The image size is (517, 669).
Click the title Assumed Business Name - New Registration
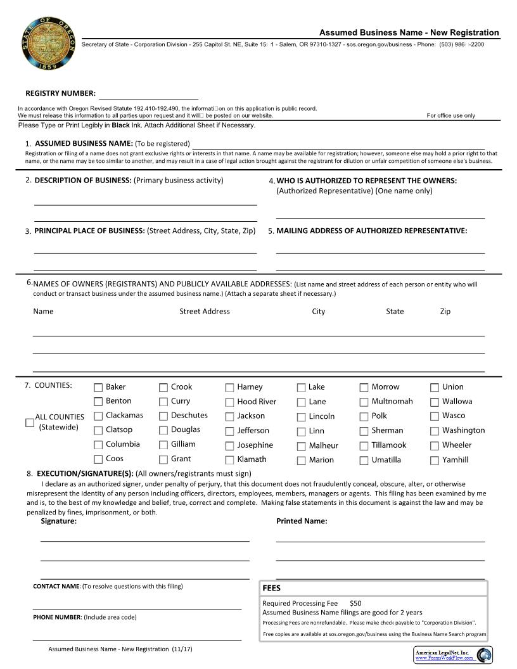(x=409, y=32)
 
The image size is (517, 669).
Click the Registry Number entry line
(x=148, y=94)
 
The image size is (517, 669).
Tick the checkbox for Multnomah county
(x=364, y=402)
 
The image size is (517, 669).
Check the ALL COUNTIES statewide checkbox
(x=30, y=423)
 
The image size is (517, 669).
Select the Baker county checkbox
(x=98, y=387)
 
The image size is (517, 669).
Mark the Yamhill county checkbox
(x=435, y=461)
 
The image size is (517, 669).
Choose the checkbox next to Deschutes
(x=163, y=416)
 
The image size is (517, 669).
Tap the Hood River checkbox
(x=229, y=402)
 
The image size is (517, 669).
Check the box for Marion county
(x=302, y=461)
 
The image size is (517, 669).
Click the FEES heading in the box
(x=271, y=588)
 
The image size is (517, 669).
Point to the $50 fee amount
(x=355, y=603)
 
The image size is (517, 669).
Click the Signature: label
(x=58, y=521)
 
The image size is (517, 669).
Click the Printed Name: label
(x=302, y=521)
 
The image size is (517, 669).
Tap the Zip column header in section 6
(x=445, y=311)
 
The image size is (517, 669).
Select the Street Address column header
(x=204, y=311)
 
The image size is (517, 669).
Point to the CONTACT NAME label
(x=56, y=586)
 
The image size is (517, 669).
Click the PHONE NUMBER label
(x=58, y=617)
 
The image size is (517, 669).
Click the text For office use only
(x=450, y=115)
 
